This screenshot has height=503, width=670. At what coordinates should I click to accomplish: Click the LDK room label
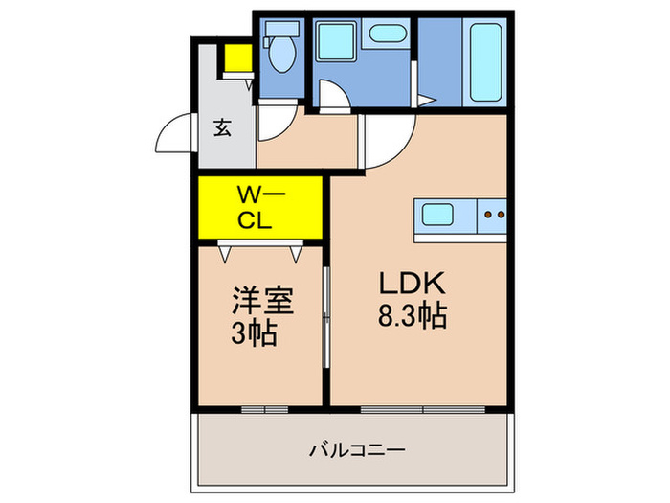click(x=413, y=283)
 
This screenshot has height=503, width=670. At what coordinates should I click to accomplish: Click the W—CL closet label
click(x=256, y=208)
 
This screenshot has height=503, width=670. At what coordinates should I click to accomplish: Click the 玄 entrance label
click(x=222, y=126)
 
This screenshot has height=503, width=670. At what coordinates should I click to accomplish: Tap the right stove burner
click(x=499, y=215)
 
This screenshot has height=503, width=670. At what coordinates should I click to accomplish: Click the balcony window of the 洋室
click(x=264, y=409)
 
